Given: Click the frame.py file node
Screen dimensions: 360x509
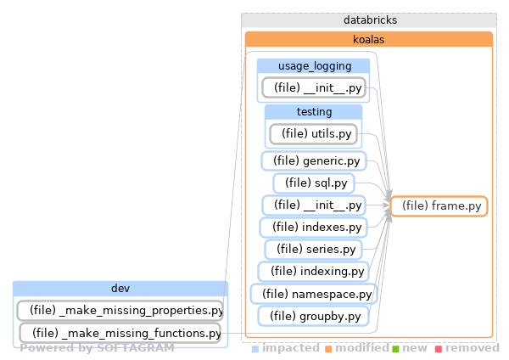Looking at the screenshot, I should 439,205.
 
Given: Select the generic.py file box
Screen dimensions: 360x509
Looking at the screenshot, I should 312,160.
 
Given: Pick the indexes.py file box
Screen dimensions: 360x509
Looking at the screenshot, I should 312,227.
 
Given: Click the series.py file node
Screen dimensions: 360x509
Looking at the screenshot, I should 313,249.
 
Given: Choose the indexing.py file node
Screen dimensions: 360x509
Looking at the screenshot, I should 313,271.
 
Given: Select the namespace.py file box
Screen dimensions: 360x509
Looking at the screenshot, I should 313,294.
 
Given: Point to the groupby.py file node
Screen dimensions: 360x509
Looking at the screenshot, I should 313,316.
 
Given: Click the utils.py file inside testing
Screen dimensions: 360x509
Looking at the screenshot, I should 314,133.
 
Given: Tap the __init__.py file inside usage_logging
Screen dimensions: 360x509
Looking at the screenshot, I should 313,87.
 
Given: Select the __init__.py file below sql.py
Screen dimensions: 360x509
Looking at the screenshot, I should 313,205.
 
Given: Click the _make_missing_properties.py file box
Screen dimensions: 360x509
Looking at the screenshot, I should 120,310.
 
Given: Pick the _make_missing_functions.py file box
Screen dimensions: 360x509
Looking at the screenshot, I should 120,333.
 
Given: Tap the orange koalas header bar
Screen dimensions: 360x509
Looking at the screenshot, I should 369,39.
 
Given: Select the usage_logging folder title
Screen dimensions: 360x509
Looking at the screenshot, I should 313,66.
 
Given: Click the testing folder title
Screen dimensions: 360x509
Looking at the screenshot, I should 313,112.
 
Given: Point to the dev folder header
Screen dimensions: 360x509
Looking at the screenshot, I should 120,289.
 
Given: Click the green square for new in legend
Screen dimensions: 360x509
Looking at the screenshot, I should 395,348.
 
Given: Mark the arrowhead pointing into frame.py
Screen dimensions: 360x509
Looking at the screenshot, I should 388,206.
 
